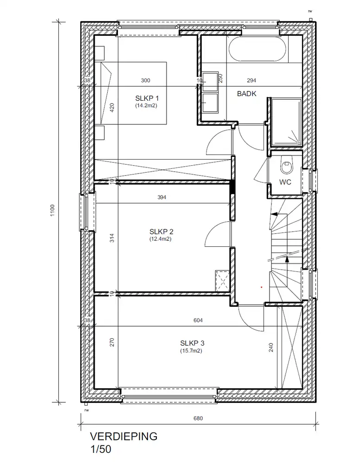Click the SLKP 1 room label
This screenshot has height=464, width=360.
[x=147, y=98]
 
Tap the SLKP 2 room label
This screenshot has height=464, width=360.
[x=161, y=232]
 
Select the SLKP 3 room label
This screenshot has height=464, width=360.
[x=192, y=343]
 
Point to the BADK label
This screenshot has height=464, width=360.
[x=247, y=94]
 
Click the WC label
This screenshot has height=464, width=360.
[x=285, y=182]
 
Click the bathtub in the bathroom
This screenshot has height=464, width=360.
[x=257, y=49]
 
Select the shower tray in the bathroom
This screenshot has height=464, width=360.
[x=287, y=122]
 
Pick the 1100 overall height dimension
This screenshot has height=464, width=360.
[x=52, y=210]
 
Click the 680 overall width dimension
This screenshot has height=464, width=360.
[x=198, y=418]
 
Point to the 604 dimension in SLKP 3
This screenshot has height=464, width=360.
[x=198, y=320]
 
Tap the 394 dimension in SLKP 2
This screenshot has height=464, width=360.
[x=161, y=197]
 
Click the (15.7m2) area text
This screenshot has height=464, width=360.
[x=191, y=351]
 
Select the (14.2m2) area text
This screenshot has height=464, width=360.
[x=146, y=105]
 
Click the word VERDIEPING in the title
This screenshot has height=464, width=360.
[x=124, y=437]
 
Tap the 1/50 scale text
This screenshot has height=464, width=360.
[x=101, y=449]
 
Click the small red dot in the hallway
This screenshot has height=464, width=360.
[x=261, y=287]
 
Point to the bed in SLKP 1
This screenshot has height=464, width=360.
[x=134, y=93]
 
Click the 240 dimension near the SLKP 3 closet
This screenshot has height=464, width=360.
[x=271, y=348]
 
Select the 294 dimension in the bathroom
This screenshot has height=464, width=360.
[x=251, y=80]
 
